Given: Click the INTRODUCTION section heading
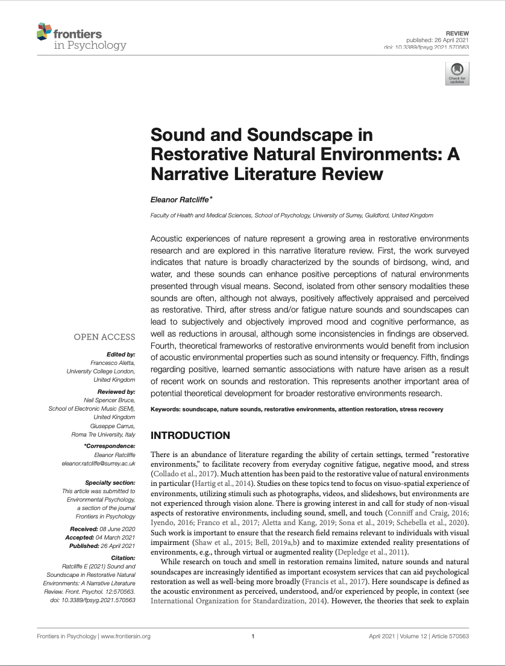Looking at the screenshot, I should (x=190, y=435).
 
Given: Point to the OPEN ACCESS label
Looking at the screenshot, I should (x=104, y=337).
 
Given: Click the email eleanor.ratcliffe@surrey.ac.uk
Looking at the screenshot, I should (x=98, y=464).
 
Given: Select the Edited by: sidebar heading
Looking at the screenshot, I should (x=121, y=355).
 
